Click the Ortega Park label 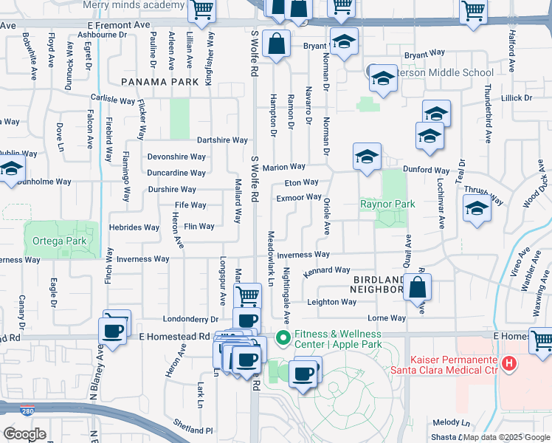(59, 241)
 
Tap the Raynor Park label (387, 204)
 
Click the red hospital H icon (508, 363)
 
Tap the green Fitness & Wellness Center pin (282, 339)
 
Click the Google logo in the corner (24, 433)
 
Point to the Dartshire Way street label (222, 140)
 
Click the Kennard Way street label (326, 270)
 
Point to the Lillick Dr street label (516, 97)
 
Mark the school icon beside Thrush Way (477, 210)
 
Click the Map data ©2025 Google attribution (506, 437)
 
